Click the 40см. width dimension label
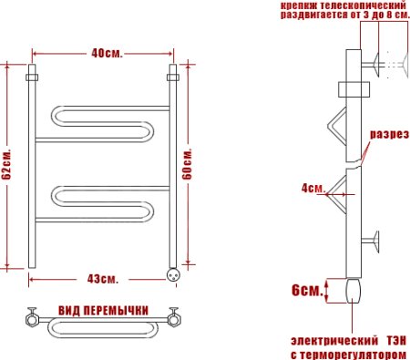click(102, 52)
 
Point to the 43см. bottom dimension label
click(102, 277)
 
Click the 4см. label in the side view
click(313, 189)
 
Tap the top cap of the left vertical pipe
click(32, 72)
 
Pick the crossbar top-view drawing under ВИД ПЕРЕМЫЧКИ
click(102, 322)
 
